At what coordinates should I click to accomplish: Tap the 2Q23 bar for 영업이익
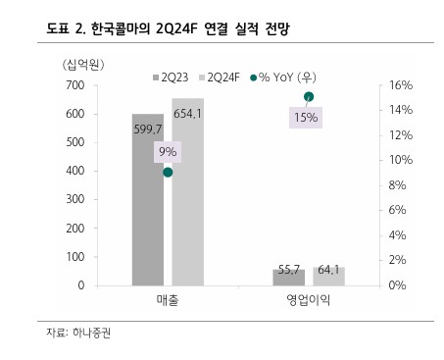point(288,277)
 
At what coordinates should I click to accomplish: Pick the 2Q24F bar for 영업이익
point(329,276)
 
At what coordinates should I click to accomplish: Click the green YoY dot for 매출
point(168,173)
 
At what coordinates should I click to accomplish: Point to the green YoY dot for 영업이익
point(309,96)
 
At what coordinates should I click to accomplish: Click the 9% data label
point(168,151)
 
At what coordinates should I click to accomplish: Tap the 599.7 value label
point(148,129)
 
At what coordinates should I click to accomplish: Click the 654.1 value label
point(186,114)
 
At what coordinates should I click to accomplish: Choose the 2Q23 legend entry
point(173,76)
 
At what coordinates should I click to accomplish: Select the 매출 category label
point(168,302)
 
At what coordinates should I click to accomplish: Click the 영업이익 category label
point(309,302)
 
